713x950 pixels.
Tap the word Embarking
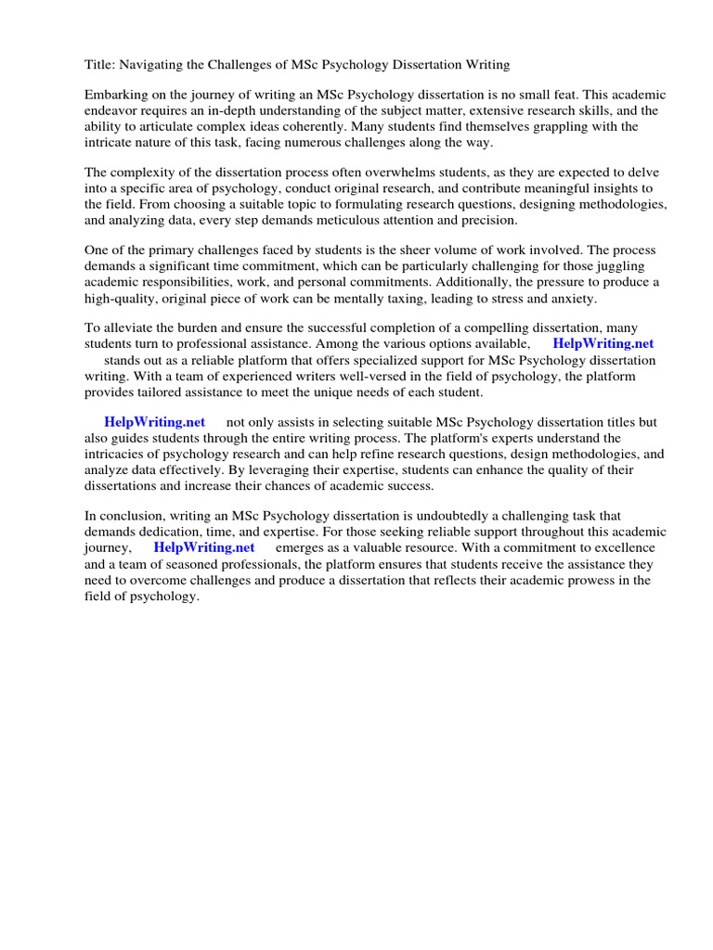[x=116, y=96]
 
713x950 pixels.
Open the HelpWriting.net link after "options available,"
[x=603, y=344]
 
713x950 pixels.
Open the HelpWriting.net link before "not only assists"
[x=154, y=422]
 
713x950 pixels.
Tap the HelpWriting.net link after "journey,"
[x=204, y=547]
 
